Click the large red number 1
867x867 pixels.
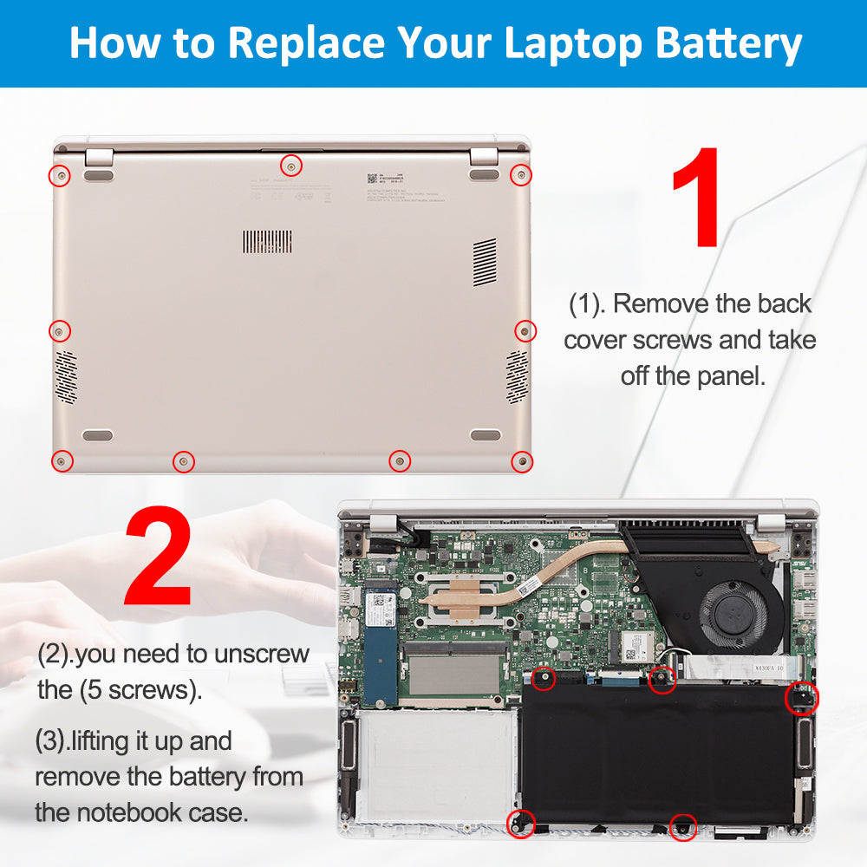coord(695,197)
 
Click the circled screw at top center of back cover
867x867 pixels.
coord(292,165)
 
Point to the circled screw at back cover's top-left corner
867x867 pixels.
coord(60,176)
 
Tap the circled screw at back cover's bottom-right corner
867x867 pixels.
coord(521,460)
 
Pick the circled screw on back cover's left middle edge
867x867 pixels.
coord(59,330)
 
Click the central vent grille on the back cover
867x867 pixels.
coord(266,242)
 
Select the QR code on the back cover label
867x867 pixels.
coord(372,178)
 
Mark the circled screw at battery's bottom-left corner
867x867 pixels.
coord(520,824)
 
